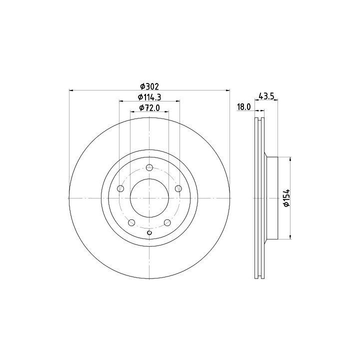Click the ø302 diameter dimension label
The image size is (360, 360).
tap(149, 86)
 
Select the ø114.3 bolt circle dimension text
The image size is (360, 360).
tap(149, 97)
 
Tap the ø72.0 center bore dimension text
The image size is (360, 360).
tap(149, 107)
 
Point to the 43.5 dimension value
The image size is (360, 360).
tap(266, 96)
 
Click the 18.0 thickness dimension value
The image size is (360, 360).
tap(244, 107)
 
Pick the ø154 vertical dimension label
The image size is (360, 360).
tap(287, 198)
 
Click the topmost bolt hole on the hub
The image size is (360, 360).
tap(149, 167)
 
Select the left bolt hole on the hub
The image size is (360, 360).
tap(120, 188)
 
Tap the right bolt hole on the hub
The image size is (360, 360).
tap(178, 188)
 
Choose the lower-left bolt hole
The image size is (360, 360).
tap(131, 222)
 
